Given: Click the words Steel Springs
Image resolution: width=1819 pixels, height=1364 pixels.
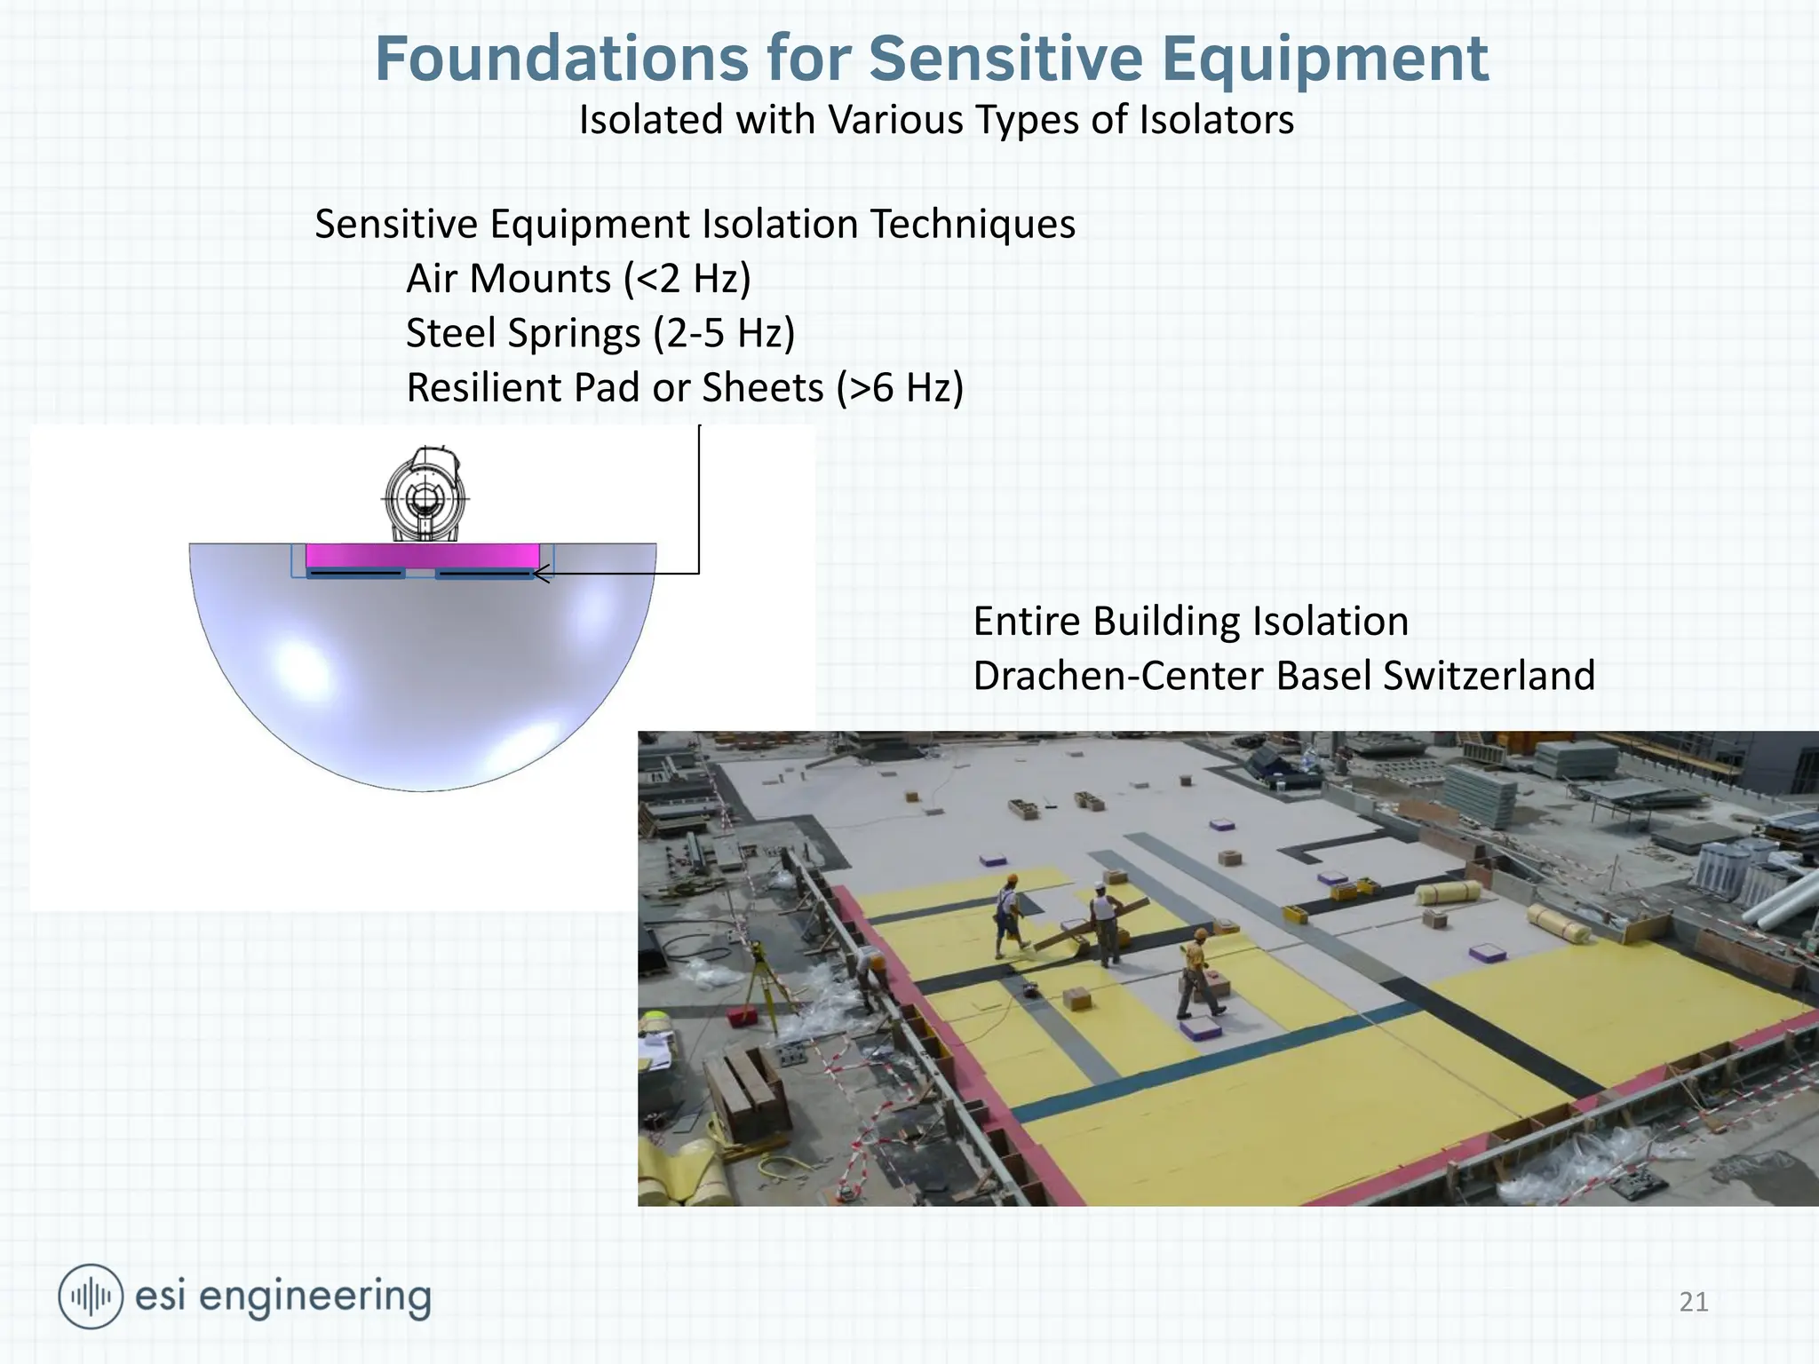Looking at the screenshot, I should pos(524,334).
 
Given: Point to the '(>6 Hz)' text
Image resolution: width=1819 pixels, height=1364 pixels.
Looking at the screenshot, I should pos(900,388).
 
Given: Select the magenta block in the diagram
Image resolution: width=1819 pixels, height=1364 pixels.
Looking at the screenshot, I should pos(422,557).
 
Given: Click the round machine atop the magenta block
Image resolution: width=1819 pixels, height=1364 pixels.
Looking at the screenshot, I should pos(425,495).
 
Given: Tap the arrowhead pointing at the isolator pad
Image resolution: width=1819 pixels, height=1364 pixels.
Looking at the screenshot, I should pos(539,574).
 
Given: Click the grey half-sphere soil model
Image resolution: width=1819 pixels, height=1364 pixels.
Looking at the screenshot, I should pos(423,675).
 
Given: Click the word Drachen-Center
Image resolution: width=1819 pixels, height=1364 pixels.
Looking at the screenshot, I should pos(1118,676).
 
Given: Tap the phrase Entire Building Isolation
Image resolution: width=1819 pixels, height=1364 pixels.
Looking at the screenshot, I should pos(1190,622).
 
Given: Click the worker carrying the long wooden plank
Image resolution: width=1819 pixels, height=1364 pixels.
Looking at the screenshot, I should pos(1103,924).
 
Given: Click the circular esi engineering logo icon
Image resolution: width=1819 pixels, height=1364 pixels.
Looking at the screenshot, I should pos(90,1297).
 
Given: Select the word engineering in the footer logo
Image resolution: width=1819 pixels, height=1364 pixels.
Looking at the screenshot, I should pos(314,1297).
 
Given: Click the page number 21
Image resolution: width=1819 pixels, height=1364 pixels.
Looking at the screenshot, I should pos(1693,1302).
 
